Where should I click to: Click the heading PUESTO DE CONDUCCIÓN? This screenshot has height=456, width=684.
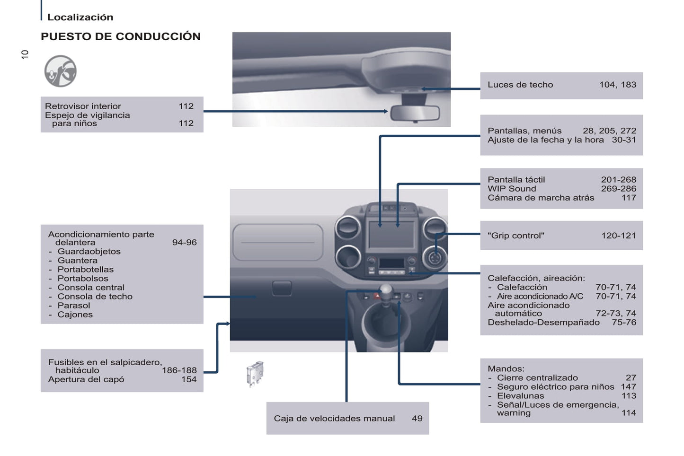point(121,36)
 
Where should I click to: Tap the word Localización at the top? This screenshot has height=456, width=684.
point(80,17)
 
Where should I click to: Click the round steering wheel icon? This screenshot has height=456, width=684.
point(60,71)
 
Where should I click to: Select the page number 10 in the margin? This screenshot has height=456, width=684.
point(25,54)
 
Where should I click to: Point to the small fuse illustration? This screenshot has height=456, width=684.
point(255,373)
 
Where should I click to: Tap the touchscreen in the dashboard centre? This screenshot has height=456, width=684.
point(391,234)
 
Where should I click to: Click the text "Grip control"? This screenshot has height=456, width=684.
point(516,236)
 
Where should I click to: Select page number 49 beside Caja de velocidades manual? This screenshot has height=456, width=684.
point(417,418)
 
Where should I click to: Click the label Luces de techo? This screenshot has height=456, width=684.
point(520,85)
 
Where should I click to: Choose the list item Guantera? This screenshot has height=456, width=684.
point(78,261)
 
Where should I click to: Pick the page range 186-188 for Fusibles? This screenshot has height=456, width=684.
point(179,370)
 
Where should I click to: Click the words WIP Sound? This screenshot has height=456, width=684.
point(512,189)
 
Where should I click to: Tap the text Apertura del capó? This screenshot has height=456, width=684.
point(86,379)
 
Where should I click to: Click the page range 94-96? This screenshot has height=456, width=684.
point(184,242)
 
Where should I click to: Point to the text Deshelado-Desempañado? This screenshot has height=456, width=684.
point(543,322)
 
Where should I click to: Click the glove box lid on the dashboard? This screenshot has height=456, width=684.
point(278,242)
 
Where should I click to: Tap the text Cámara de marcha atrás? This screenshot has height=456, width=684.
point(541,198)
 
